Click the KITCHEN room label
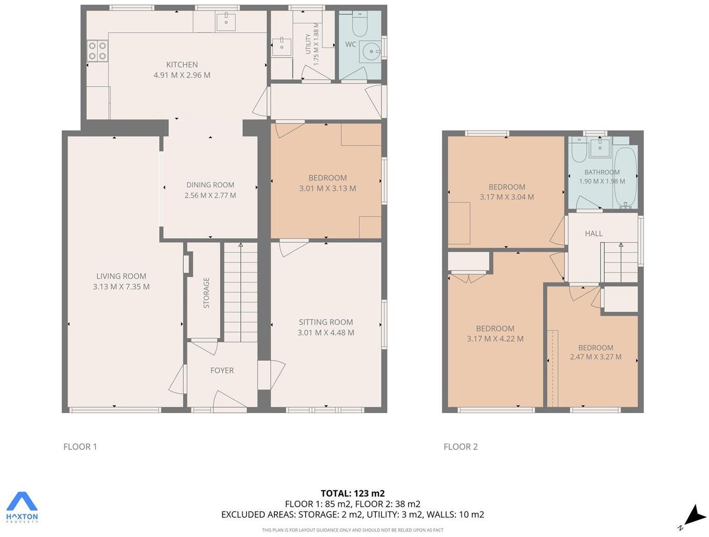pyautogui.click(x=182, y=65)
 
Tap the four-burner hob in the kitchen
pyautogui.click(x=97, y=51)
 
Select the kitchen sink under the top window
pyautogui.click(x=226, y=22)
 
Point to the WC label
pyautogui.click(x=351, y=45)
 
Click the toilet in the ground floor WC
pyautogui.click(x=360, y=25)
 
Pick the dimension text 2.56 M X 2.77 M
pyautogui.click(x=210, y=195)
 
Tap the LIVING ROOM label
pyautogui.click(x=121, y=276)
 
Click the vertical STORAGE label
pyautogui.click(x=206, y=293)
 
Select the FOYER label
pyautogui.click(x=222, y=370)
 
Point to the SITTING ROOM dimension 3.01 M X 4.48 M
pyautogui.click(x=326, y=333)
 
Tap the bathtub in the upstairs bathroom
pyautogui.click(x=625, y=177)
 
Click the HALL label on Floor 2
pyautogui.click(x=593, y=234)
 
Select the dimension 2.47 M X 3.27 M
pyautogui.click(x=595, y=357)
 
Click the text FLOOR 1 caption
pyautogui.click(x=80, y=447)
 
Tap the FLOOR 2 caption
pyautogui.click(x=460, y=447)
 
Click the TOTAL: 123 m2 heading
pyautogui.click(x=352, y=493)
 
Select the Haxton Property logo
pyautogui.click(x=22, y=507)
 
